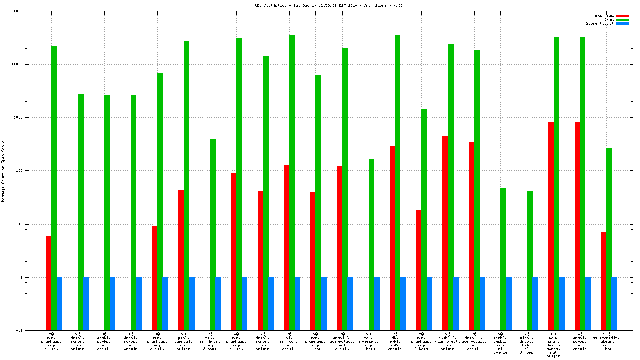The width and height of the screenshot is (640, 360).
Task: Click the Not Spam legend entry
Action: [604, 16]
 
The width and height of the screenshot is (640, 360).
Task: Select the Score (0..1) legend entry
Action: [600, 23]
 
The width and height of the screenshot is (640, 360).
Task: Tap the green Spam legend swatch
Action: [622, 20]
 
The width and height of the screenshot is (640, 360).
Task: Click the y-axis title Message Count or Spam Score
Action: [3, 171]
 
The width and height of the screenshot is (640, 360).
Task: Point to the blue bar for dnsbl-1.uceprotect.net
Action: [482, 304]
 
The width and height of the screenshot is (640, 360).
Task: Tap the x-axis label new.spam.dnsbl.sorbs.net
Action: [553, 346]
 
